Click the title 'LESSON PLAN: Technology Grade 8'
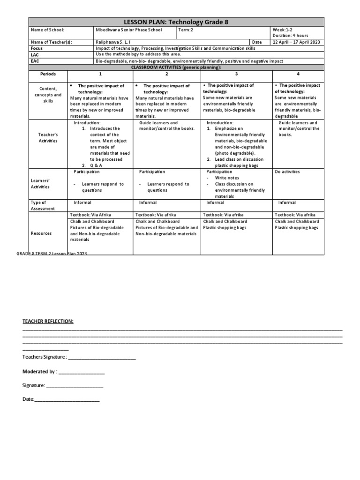[176, 22]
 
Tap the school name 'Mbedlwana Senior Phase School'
[129, 30]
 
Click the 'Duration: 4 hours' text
[290, 35]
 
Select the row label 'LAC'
[35, 55]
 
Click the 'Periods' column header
[48, 74]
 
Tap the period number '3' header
[236, 74]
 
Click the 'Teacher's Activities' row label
[48, 138]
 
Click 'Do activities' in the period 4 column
[287, 172]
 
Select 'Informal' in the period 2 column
[148, 202]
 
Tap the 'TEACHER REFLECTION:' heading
[48, 321]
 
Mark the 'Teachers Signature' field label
[45, 357]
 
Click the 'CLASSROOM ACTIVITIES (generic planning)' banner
[176, 67]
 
